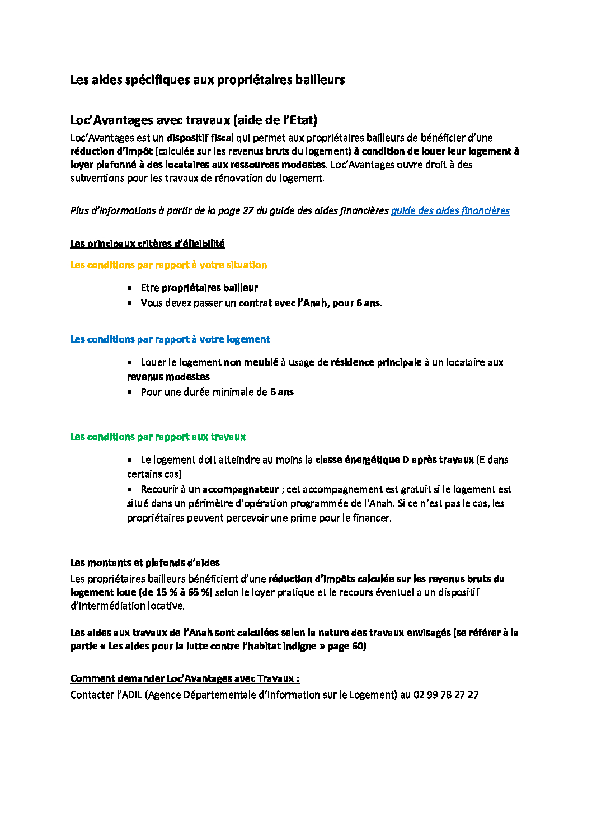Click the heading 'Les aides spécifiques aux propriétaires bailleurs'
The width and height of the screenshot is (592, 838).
[x=207, y=79]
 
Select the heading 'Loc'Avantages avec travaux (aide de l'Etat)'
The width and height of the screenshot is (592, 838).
[x=194, y=120]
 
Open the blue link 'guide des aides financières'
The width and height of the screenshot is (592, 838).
[x=450, y=210]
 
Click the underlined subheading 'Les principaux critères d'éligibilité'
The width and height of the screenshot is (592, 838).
[x=147, y=244]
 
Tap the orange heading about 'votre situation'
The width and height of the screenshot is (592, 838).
[x=168, y=265]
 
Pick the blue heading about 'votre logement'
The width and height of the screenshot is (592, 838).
[x=170, y=339]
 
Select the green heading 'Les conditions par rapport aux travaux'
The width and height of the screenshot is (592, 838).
[x=158, y=437]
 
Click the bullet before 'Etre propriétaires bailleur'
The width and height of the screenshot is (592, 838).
[x=130, y=288]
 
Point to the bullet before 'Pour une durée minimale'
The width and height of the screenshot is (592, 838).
[x=130, y=392]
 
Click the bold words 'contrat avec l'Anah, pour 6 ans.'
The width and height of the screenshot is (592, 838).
[x=311, y=303]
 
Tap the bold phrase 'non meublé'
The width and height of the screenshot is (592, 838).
[x=251, y=362]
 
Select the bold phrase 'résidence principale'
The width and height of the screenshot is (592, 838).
[x=376, y=362]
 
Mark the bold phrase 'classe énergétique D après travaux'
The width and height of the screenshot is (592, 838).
[x=394, y=460]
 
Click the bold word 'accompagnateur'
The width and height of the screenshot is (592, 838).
[x=241, y=489]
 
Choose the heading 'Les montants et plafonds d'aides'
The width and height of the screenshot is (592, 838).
[x=145, y=563]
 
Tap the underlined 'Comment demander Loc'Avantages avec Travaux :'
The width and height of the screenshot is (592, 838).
[x=185, y=678]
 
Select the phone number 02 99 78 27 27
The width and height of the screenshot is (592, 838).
[x=446, y=695]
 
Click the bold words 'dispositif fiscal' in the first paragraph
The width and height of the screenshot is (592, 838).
[x=200, y=138]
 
